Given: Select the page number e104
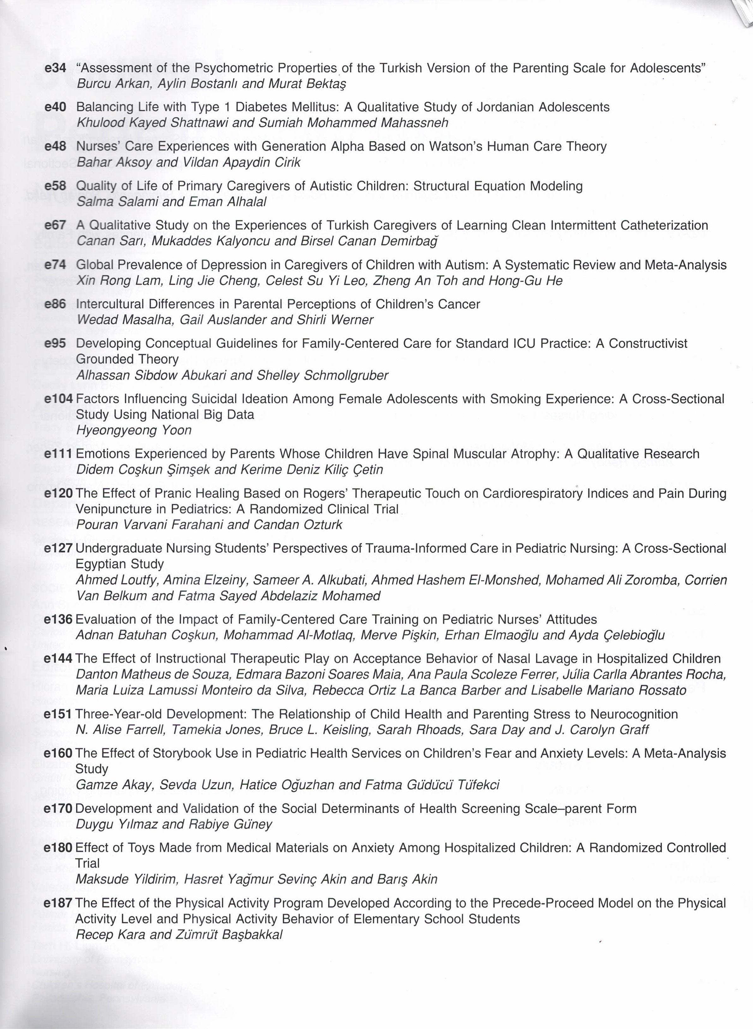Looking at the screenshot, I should [x=58, y=399].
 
